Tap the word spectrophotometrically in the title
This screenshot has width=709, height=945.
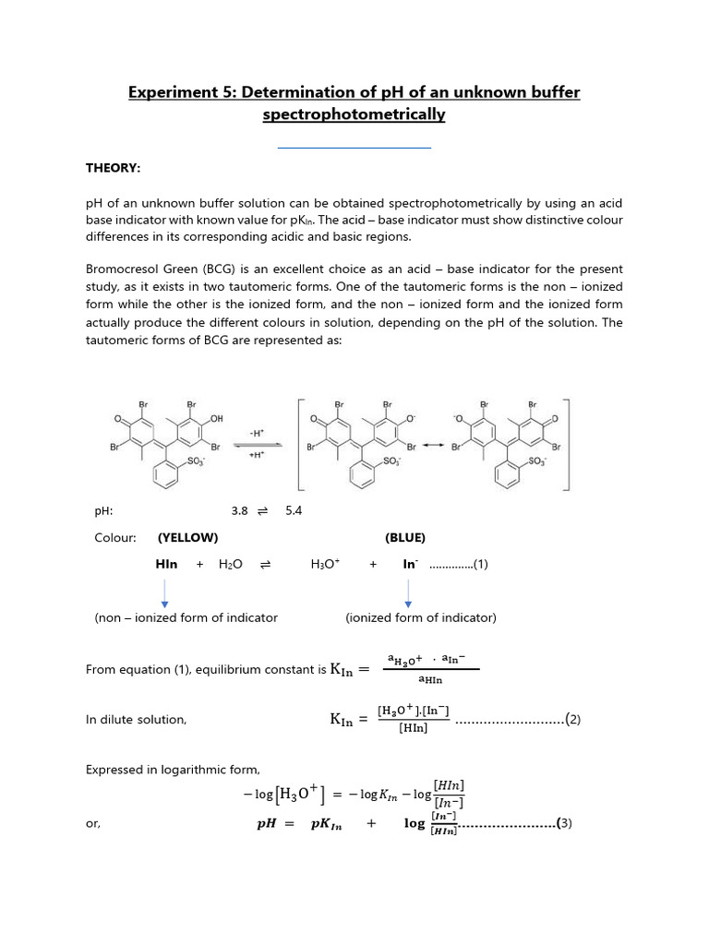(354, 114)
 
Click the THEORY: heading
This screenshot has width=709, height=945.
(114, 168)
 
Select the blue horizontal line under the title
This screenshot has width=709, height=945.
(354, 147)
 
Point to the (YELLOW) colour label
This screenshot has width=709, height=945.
(188, 537)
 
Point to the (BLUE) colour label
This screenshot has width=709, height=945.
(405, 537)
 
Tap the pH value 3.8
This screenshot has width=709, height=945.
(240, 510)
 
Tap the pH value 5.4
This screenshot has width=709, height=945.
(294, 510)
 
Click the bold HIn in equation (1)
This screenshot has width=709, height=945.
(166, 564)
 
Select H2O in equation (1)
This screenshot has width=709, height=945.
(230, 564)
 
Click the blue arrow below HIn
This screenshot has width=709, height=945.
(164, 592)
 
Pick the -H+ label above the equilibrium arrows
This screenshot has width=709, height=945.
(256, 432)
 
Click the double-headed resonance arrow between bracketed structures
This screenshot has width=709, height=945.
(431, 446)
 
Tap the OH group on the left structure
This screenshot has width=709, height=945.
(217, 418)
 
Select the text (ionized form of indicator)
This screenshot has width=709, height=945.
(421, 617)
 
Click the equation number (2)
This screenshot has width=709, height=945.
(573, 720)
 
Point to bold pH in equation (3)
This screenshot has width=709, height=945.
(267, 825)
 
